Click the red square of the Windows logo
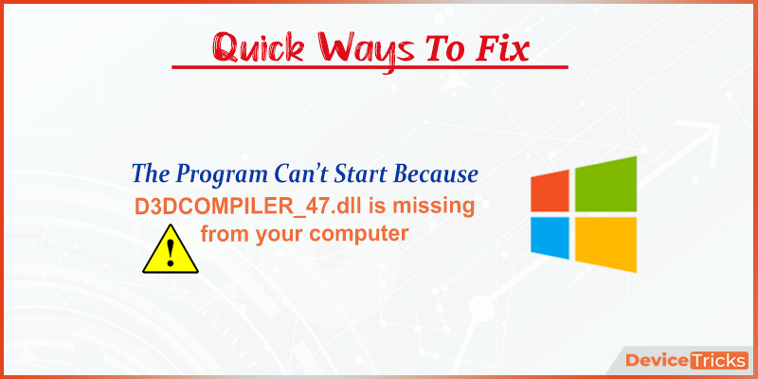coord(550,191)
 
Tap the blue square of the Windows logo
coord(550,238)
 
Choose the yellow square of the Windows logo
coord(605,244)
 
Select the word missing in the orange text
coord(433,207)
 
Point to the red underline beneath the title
coord(370,67)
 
